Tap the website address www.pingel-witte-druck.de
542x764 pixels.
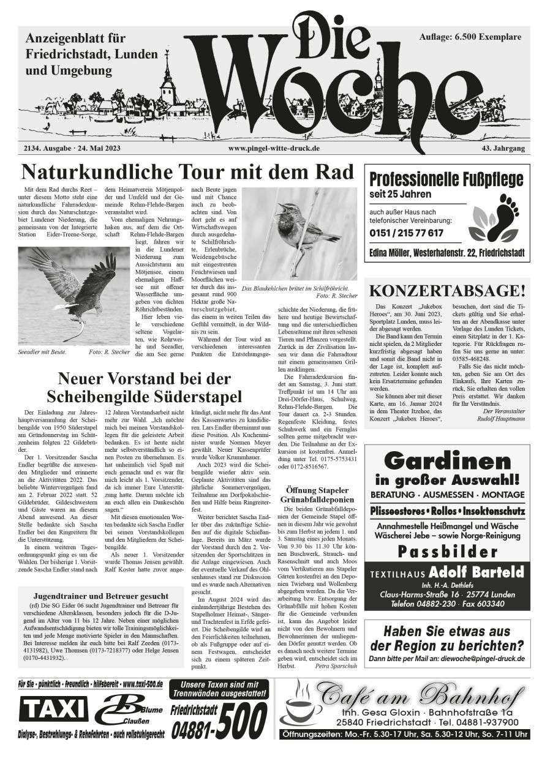[274, 148]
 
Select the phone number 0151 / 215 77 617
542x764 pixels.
[406, 233]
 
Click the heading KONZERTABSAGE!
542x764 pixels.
[447, 289]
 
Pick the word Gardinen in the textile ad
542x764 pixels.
[446, 460]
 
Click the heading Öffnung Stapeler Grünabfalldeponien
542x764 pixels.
[317, 495]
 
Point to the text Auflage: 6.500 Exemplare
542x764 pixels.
[471, 37]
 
